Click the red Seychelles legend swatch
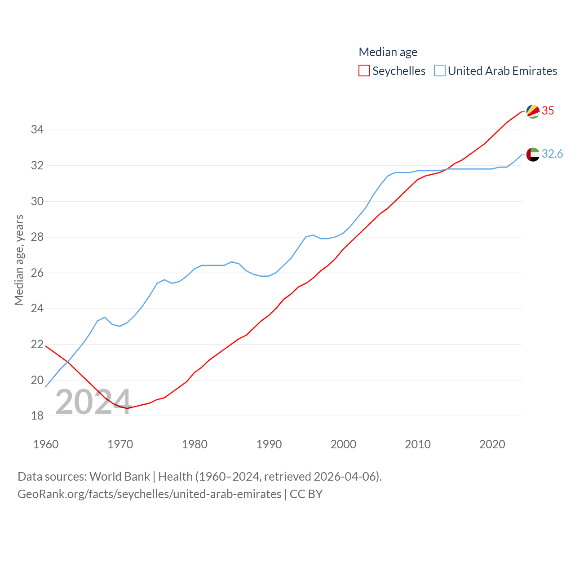[x=364, y=71]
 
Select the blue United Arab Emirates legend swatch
[x=440, y=71]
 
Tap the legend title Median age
[x=388, y=52]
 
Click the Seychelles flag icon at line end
[x=533, y=111]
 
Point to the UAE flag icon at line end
[x=533, y=154]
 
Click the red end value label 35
[x=548, y=111]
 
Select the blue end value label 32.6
[x=552, y=154]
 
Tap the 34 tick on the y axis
[x=37, y=130]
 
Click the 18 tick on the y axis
[x=37, y=416]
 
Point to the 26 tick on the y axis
[x=37, y=273]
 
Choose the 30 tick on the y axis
[x=37, y=201]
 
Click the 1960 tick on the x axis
[x=46, y=444]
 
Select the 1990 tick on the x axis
[x=269, y=444]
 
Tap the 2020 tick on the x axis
[x=492, y=444]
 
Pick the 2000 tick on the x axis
[x=343, y=444]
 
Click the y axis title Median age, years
[x=19, y=260]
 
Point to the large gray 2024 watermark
[x=93, y=402]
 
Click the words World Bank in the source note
[x=119, y=477]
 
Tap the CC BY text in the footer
[x=306, y=494]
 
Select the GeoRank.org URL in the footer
[x=149, y=494]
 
